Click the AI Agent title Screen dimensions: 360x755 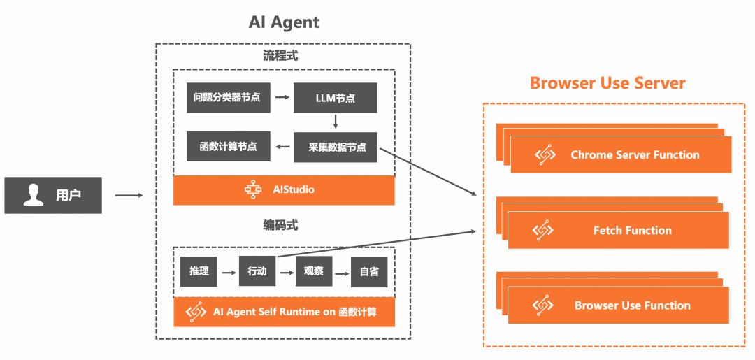click(284, 22)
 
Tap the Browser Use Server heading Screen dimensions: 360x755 click(607, 83)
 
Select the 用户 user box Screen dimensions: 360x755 click(53, 195)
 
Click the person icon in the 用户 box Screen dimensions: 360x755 click(33, 195)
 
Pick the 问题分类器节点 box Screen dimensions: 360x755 click(227, 98)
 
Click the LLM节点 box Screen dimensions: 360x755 click(335, 98)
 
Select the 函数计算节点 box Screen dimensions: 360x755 click(228, 147)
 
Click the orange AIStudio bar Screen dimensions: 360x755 click(284, 189)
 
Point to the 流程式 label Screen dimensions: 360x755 click(280, 56)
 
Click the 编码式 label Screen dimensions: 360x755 click(280, 225)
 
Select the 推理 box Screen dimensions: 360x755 click(199, 271)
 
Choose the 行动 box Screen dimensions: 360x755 click(257, 271)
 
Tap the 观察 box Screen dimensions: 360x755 click(313, 271)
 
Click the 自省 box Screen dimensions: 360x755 click(369, 272)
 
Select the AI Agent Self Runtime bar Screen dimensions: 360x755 click(284, 312)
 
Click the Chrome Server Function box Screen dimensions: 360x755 click(621, 155)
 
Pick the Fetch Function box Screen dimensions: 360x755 click(619, 230)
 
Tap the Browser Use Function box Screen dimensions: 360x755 click(619, 305)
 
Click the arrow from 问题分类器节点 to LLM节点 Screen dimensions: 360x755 click(282, 98)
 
